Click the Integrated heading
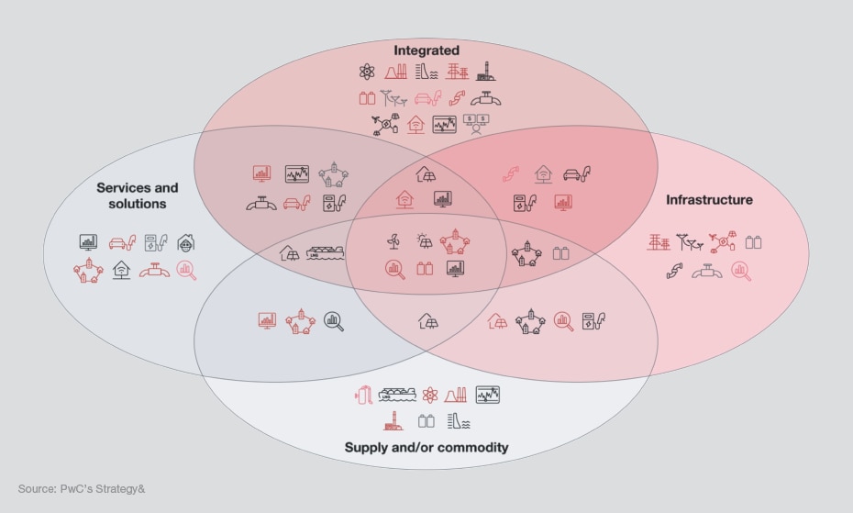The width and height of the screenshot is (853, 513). (x=426, y=50)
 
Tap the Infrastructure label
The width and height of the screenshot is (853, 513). (x=709, y=199)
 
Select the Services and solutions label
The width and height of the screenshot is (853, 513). (x=138, y=195)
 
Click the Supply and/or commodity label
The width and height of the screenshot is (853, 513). (x=426, y=448)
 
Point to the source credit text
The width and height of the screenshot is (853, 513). (x=82, y=489)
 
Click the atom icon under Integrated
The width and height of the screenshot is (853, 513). (x=368, y=71)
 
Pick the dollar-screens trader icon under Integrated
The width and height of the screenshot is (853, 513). (x=476, y=124)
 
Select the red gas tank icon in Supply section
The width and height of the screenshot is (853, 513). (x=361, y=395)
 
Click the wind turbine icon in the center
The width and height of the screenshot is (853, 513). (x=393, y=241)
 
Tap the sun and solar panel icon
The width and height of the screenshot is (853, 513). (x=425, y=241)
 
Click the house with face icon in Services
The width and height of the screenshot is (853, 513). (x=186, y=243)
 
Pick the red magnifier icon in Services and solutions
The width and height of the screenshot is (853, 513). (x=186, y=271)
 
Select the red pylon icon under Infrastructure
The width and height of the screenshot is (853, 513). (x=659, y=243)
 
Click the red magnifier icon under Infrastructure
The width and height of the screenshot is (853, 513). (x=741, y=271)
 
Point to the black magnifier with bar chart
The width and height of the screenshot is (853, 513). (x=334, y=321)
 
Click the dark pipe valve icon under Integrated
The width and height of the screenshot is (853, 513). (x=486, y=98)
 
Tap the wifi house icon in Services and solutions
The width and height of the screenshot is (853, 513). (x=120, y=271)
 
